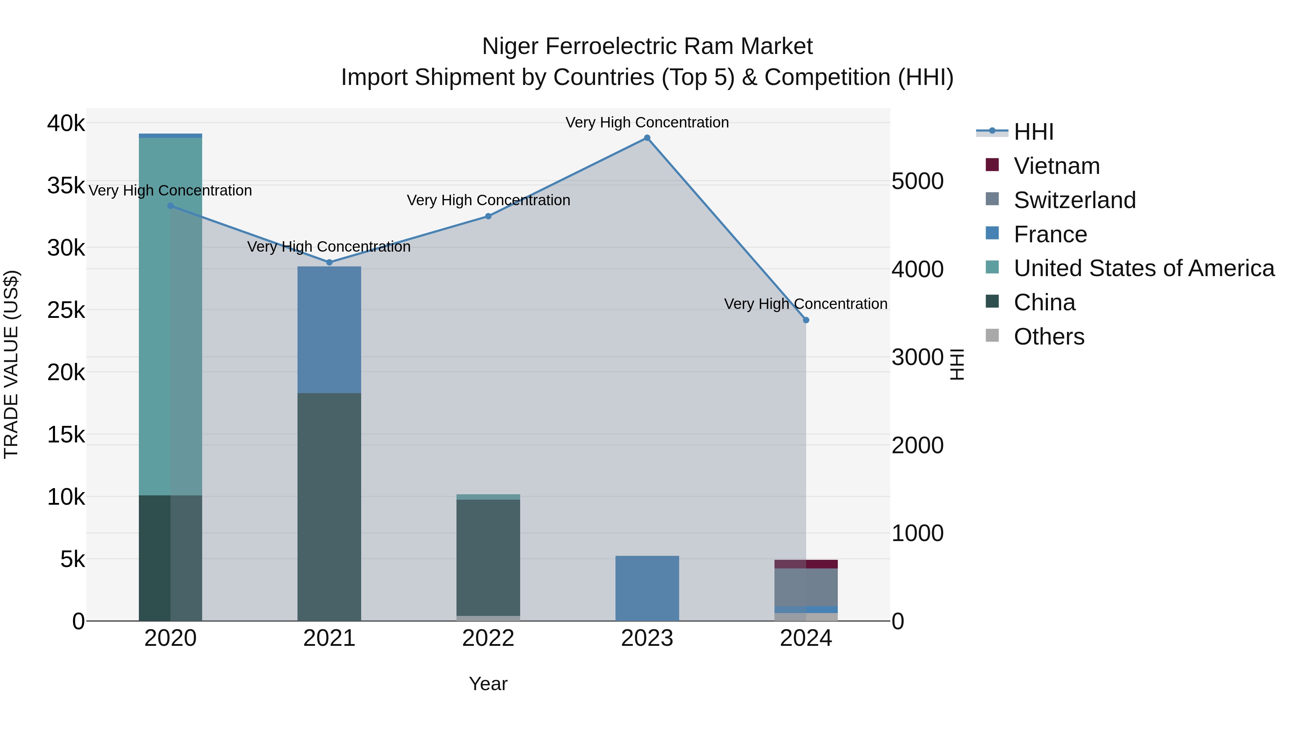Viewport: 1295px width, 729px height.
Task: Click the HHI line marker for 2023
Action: [x=647, y=138]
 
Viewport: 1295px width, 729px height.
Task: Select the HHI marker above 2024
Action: [x=806, y=320]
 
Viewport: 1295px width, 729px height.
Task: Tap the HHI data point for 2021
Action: [x=329, y=262]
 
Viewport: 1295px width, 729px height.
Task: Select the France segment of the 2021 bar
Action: [x=329, y=329]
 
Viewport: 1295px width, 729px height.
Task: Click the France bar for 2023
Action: [x=647, y=588]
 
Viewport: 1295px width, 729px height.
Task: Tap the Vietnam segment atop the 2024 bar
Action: [x=806, y=564]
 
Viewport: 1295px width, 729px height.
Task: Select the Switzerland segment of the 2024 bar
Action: [x=806, y=587]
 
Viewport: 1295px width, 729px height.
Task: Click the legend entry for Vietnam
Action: [x=1056, y=166]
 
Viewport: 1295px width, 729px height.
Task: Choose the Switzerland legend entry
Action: [x=1074, y=200]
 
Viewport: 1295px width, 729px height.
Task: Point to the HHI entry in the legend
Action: [x=1033, y=132]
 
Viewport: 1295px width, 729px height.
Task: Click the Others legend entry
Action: [x=1049, y=337]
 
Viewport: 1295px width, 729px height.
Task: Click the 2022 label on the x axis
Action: [x=488, y=638]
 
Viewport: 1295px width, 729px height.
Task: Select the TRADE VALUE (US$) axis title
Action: [x=11, y=364]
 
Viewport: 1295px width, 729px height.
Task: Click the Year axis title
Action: [x=488, y=684]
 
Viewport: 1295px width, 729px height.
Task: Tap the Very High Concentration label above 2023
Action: [x=647, y=122]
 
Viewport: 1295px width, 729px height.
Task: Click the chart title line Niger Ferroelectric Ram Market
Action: [x=647, y=46]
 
